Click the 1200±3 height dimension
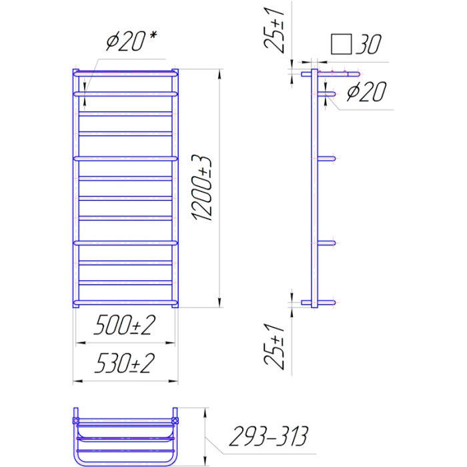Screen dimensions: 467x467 point(202,188)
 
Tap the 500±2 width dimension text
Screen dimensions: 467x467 point(125,325)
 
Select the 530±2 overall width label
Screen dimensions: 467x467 point(125,363)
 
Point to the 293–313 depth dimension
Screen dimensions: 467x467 point(268,436)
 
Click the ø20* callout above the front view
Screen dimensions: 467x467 point(131,41)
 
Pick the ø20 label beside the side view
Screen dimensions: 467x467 point(367,91)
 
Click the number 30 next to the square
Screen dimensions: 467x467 point(368,45)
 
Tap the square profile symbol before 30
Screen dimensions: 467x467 point(342,45)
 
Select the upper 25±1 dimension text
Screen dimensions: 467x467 point(274,29)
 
